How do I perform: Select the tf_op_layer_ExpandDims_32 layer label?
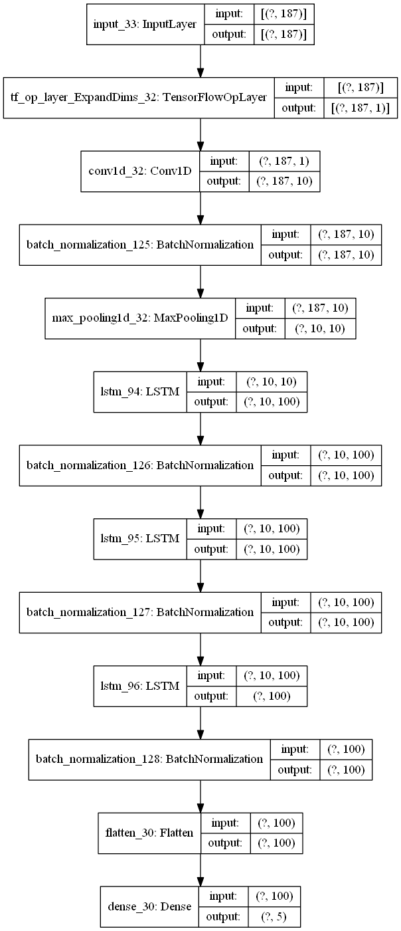[139, 98]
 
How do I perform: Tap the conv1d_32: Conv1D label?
[139, 171]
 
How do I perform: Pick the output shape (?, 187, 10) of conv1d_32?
[284, 180]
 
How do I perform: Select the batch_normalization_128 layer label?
[145, 758]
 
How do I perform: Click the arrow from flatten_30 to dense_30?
[200, 867]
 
